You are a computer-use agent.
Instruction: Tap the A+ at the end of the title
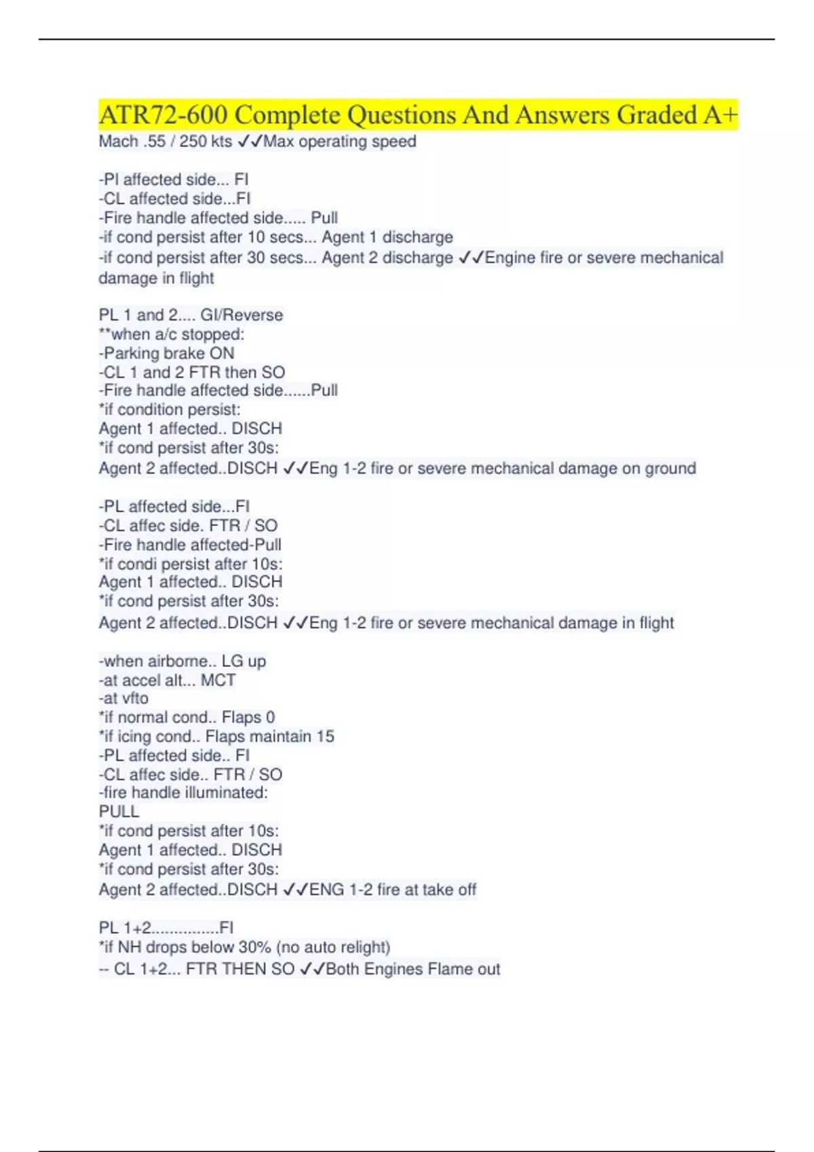pyautogui.click(x=720, y=115)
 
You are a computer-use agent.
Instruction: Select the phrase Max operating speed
pyautogui.click(x=340, y=142)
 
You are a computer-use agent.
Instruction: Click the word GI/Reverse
pyautogui.click(x=241, y=315)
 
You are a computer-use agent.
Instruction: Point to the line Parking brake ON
pyautogui.click(x=167, y=353)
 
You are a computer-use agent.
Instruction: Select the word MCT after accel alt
pyautogui.click(x=218, y=680)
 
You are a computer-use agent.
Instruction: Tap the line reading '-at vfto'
pyautogui.click(x=123, y=698)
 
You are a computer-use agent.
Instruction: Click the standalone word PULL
pyautogui.click(x=119, y=812)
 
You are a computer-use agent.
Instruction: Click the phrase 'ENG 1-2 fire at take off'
pyautogui.click(x=393, y=889)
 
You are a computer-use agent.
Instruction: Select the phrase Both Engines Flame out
pyautogui.click(x=413, y=969)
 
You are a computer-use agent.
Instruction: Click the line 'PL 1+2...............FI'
pyautogui.click(x=166, y=928)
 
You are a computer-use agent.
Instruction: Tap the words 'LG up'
pyautogui.click(x=244, y=661)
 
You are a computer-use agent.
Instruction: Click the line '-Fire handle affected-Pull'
pyautogui.click(x=190, y=544)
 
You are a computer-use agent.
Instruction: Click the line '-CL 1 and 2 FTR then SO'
pyautogui.click(x=192, y=372)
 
